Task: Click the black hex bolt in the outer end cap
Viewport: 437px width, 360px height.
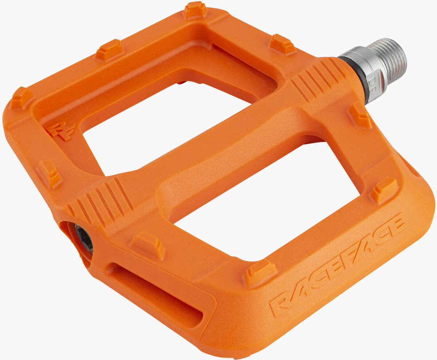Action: coord(84,238)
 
